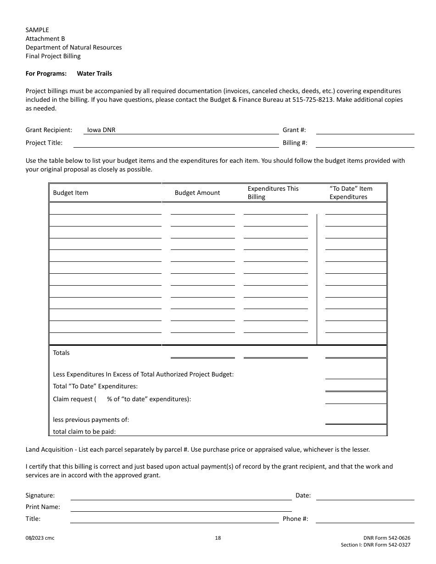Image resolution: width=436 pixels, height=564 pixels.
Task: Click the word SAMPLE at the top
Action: click(x=37, y=30)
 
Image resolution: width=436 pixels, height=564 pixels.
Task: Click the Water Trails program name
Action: click(x=94, y=73)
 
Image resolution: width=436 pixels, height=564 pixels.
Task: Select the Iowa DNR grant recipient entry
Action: click(x=101, y=130)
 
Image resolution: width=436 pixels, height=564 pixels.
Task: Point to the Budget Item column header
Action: click(x=71, y=193)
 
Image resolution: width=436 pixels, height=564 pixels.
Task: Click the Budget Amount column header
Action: click(x=197, y=193)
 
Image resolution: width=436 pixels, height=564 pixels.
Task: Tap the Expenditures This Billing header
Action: click(x=273, y=193)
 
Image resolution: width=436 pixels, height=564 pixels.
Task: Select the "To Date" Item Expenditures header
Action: click(x=351, y=193)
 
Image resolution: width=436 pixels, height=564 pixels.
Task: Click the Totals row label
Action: click(x=61, y=353)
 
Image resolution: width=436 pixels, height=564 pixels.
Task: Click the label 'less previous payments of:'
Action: click(x=91, y=420)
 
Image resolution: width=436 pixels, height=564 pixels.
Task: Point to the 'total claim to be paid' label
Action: click(x=84, y=431)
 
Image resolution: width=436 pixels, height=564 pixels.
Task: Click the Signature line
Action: click(x=181, y=495)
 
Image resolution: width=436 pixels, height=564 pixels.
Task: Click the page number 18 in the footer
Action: click(x=218, y=538)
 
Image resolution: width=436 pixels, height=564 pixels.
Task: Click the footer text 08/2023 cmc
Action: click(x=40, y=538)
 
